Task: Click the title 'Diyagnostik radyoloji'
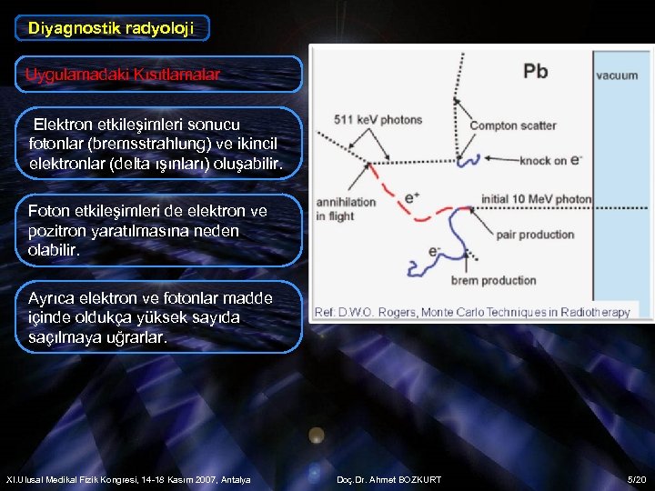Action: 111,28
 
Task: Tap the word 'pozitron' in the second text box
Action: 60,231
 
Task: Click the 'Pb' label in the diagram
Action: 535,71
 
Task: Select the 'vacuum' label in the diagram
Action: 617,75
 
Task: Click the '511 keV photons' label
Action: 378,119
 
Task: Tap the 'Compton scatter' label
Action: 512,125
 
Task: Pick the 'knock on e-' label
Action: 549,161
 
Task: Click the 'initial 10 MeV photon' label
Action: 536,199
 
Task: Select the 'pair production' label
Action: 536,235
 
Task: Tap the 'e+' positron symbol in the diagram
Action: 412,195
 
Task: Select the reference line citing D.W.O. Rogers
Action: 471,312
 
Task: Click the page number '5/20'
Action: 636,479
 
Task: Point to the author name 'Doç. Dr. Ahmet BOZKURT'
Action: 388,479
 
